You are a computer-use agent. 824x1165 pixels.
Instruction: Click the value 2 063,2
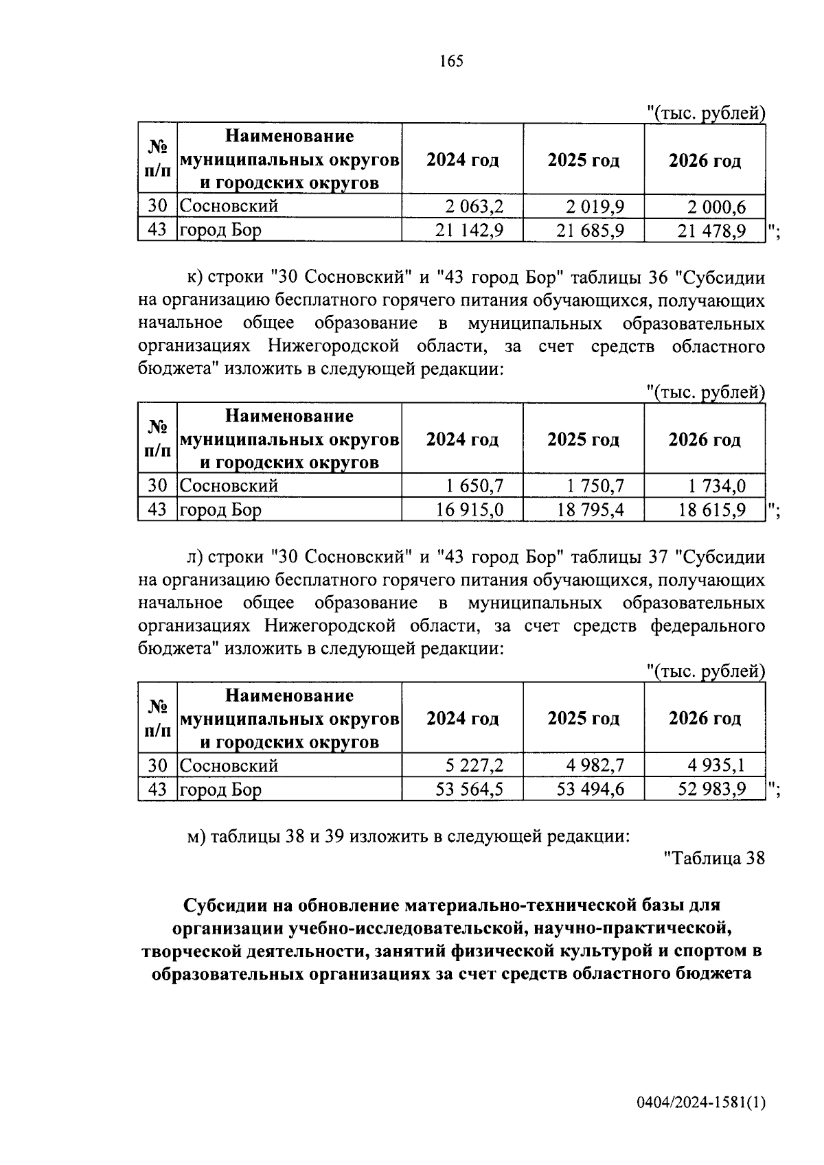click(x=474, y=206)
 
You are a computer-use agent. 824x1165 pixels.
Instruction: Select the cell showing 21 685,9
click(x=590, y=231)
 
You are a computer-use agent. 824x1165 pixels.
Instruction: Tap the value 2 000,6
click(x=717, y=206)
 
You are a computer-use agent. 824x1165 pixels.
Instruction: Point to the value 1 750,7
click(x=595, y=486)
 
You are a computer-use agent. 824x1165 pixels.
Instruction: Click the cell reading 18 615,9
click(x=711, y=510)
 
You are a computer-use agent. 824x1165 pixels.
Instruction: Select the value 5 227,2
click(x=474, y=765)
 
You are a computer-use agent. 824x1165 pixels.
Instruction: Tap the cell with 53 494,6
click(x=590, y=789)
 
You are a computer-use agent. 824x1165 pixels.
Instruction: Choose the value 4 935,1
click(x=717, y=765)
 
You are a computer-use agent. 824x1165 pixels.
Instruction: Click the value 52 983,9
click(x=711, y=789)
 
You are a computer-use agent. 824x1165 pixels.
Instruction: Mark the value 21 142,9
click(x=469, y=231)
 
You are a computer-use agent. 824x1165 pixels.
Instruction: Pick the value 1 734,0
click(x=717, y=486)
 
